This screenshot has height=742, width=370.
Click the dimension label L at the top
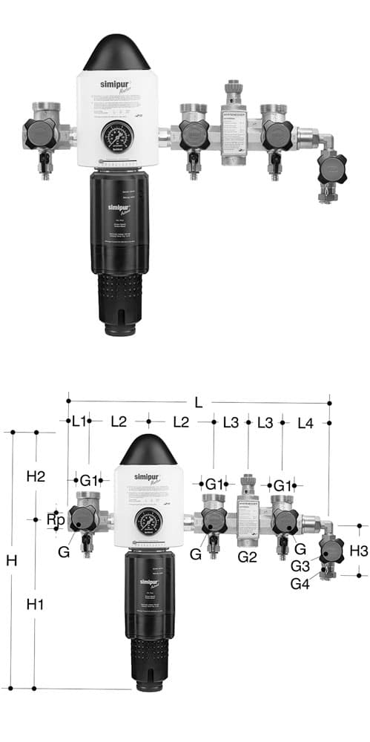(198, 402)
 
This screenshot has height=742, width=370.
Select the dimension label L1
(79, 421)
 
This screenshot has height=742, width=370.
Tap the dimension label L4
(305, 422)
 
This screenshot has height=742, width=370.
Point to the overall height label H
(11, 561)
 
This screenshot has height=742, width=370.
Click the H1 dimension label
(36, 605)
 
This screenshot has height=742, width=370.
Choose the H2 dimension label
(36, 476)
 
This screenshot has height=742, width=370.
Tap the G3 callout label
(300, 565)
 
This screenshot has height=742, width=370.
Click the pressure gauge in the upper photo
(117, 137)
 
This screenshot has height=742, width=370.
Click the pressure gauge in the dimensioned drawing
(149, 522)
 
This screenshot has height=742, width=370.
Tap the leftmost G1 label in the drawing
(89, 482)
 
